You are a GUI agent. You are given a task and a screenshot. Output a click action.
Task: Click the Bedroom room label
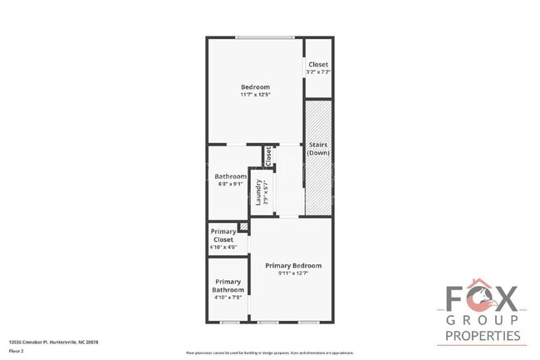point(255,87)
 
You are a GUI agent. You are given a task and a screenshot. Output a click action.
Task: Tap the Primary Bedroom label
point(293,266)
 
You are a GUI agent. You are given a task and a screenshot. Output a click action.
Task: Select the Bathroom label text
point(230,176)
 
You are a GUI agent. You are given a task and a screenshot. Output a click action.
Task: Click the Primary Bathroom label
point(228,285)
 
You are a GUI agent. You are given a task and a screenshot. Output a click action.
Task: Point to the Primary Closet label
point(223,235)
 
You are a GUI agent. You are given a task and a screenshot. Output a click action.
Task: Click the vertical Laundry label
point(259,192)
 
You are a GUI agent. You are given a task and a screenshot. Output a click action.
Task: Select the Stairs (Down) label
point(318,149)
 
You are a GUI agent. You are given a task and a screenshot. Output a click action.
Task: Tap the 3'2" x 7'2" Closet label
point(318,65)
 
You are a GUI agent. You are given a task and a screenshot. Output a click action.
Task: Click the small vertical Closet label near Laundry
point(268,155)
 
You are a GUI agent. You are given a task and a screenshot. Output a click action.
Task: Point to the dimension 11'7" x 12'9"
point(255,95)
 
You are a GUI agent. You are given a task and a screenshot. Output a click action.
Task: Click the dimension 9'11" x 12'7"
point(293,274)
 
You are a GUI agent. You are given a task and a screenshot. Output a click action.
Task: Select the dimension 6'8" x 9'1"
point(230,184)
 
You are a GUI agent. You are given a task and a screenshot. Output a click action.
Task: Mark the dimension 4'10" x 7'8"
point(228,297)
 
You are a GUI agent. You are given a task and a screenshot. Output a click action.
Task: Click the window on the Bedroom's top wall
point(263,37)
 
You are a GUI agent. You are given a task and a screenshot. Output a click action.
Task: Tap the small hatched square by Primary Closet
point(243,226)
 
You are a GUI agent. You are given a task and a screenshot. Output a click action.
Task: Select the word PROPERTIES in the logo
point(484,336)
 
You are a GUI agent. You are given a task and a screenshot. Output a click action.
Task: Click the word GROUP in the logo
point(484,320)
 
